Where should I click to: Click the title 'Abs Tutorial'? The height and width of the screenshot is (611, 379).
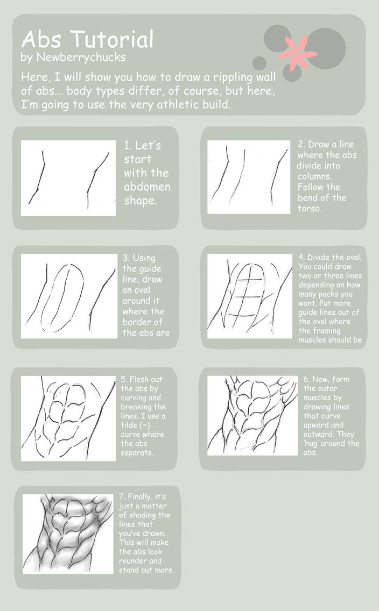tap(87, 40)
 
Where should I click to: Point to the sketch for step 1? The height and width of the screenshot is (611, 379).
tap(68, 178)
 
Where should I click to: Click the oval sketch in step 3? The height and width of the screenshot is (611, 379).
tap(69, 296)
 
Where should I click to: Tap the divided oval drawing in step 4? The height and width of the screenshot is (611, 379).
tap(249, 296)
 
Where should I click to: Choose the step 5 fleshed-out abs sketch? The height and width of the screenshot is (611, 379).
tap(69, 418)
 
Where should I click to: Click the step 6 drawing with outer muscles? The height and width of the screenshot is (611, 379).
tap(252, 415)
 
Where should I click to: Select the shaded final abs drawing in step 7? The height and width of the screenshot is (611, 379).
tap(68, 534)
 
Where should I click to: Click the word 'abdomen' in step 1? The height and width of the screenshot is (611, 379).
tap(147, 187)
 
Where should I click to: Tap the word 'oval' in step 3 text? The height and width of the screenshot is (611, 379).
tap(138, 301)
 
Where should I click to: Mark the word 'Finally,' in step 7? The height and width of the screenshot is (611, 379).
tap(143, 496)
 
